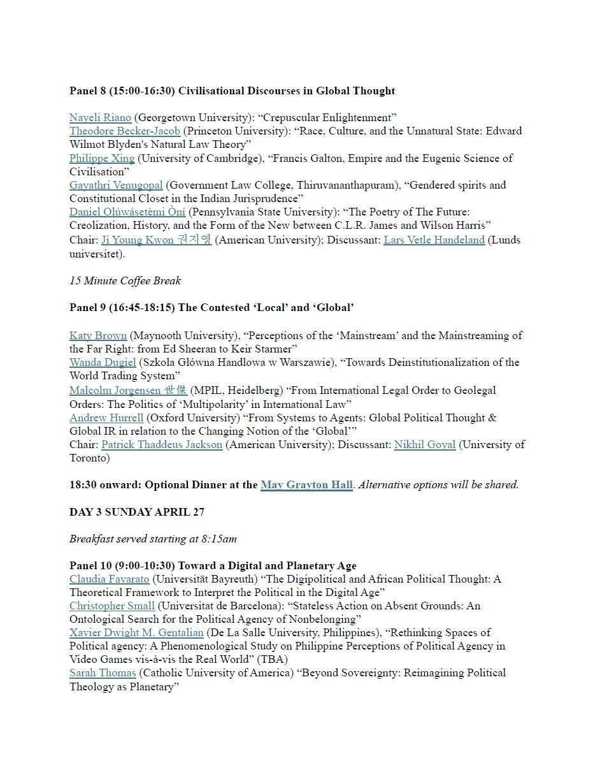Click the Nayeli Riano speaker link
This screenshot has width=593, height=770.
point(100,117)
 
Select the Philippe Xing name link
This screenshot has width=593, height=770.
point(102,158)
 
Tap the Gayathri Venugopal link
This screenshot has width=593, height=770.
point(116,185)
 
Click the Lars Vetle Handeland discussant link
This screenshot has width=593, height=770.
point(434,240)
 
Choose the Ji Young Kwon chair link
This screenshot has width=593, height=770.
point(156,240)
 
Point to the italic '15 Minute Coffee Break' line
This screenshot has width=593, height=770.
point(125,280)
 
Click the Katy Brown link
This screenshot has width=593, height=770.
point(98,335)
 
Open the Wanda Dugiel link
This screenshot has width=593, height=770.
point(103,362)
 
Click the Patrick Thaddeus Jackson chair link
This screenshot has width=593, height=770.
point(162,444)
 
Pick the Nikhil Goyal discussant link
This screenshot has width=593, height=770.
point(425,444)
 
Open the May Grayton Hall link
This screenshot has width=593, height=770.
point(306,485)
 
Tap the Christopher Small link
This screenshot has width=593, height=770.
point(112,606)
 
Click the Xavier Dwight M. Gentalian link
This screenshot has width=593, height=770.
point(136,632)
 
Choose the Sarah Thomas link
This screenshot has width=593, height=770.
point(103,672)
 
